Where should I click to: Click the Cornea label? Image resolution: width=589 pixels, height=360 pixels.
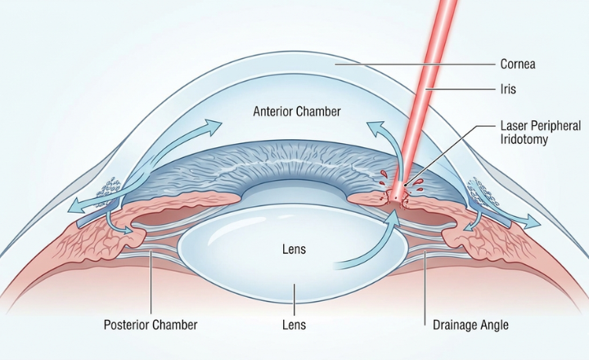point(518,63)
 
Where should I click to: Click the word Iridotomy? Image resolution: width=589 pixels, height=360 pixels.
point(525,141)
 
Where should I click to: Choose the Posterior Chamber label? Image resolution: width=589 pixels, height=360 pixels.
point(151,325)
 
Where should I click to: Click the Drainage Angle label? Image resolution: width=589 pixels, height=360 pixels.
point(470,325)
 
